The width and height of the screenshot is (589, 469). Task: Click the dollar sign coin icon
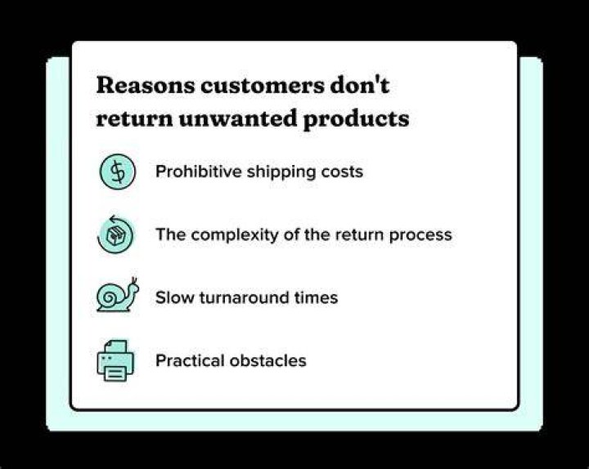coord(118,172)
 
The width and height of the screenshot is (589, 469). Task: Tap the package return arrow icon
coord(115,234)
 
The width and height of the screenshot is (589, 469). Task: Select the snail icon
coord(118,295)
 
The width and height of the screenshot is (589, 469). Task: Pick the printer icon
coord(115,360)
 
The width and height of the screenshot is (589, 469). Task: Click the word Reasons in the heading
coord(146,86)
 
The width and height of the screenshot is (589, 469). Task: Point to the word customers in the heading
coord(262,86)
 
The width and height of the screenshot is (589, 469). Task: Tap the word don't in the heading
coord(359,85)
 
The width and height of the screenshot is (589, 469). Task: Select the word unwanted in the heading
coord(238,118)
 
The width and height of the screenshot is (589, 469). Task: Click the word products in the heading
coord(356,119)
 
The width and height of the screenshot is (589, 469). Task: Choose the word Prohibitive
coord(199,172)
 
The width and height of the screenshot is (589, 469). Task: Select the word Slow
coord(175,297)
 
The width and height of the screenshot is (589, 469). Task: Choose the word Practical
coord(190,360)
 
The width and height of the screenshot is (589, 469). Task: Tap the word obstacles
coord(268,360)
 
